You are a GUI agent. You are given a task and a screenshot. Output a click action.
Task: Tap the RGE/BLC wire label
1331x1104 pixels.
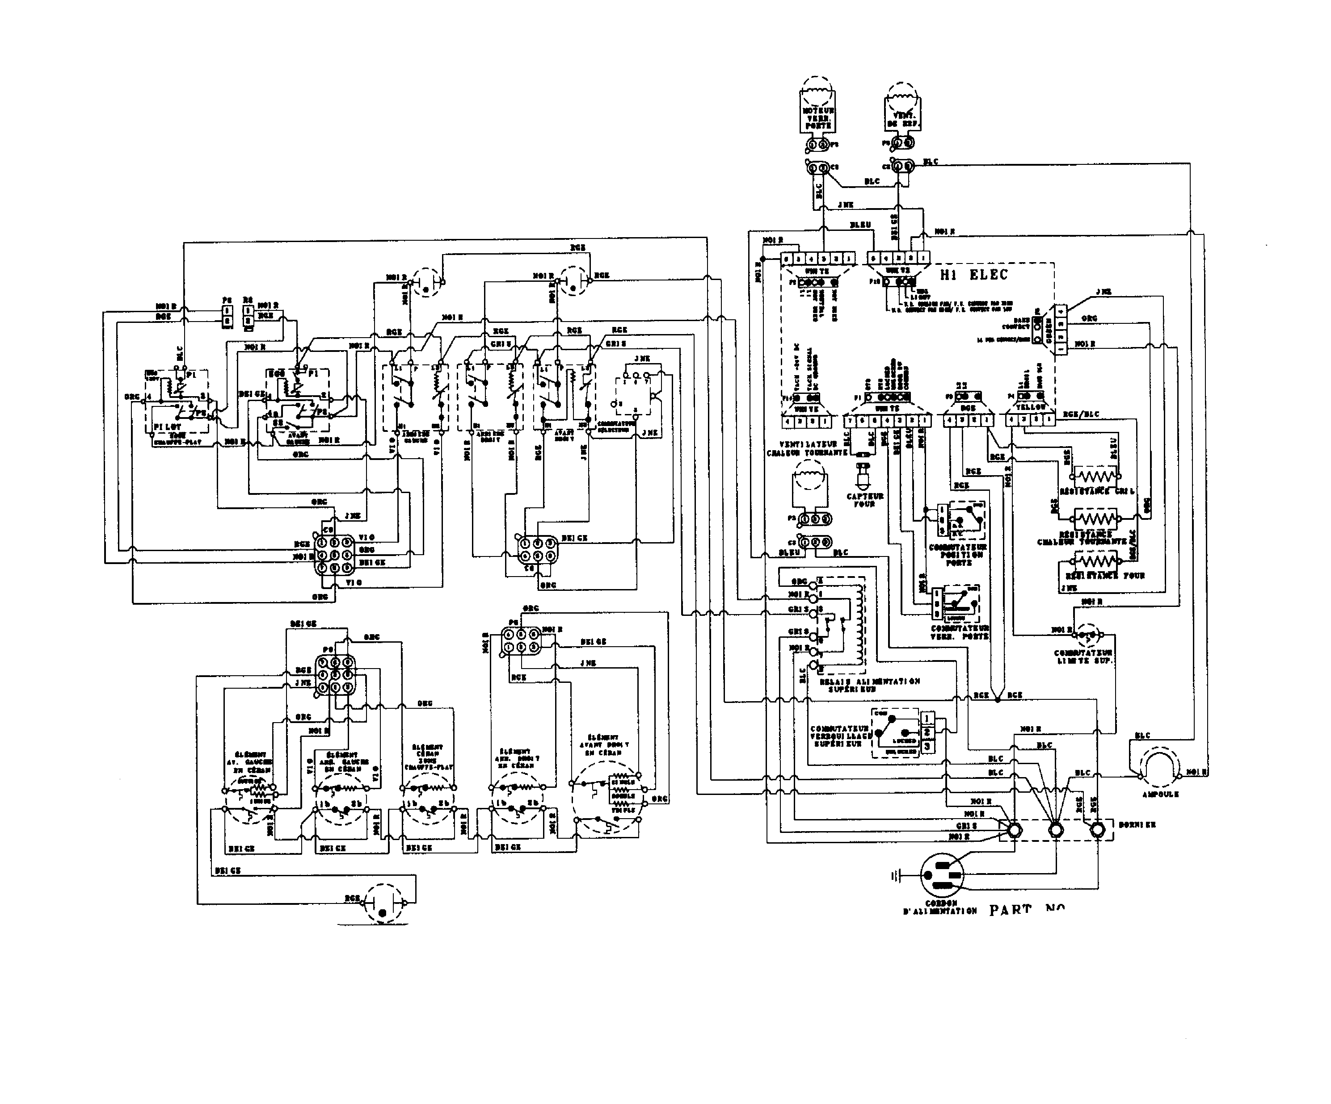tap(1081, 414)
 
